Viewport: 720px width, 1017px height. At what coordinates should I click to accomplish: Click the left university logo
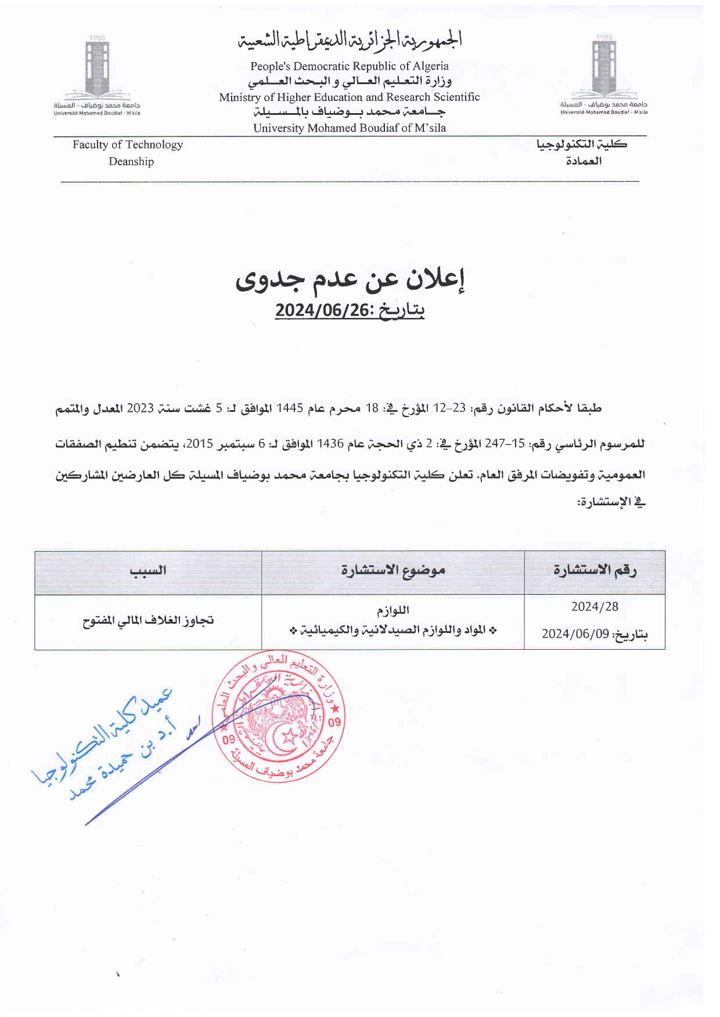click(x=96, y=73)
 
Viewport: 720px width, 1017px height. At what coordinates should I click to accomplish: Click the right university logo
click(x=603, y=73)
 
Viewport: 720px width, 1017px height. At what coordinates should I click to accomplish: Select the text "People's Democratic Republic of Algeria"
click(x=349, y=66)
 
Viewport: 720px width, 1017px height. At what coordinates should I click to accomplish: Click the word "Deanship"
click(x=131, y=161)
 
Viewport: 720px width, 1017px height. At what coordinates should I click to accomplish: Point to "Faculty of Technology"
click(x=128, y=144)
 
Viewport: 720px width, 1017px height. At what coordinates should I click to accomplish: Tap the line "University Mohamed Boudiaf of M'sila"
click(x=349, y=128)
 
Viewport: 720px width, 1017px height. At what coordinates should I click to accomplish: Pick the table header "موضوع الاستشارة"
click(x=393, y=570)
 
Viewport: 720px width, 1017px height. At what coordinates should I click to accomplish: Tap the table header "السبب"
click(x=148, y=570)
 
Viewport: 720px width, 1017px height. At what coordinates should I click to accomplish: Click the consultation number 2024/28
click(x=595, y=607)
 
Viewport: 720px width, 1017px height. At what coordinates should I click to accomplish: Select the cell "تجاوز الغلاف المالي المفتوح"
click(x=148, y=621)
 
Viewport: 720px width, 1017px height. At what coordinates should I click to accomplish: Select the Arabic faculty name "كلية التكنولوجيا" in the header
click(x=582, y=145)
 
